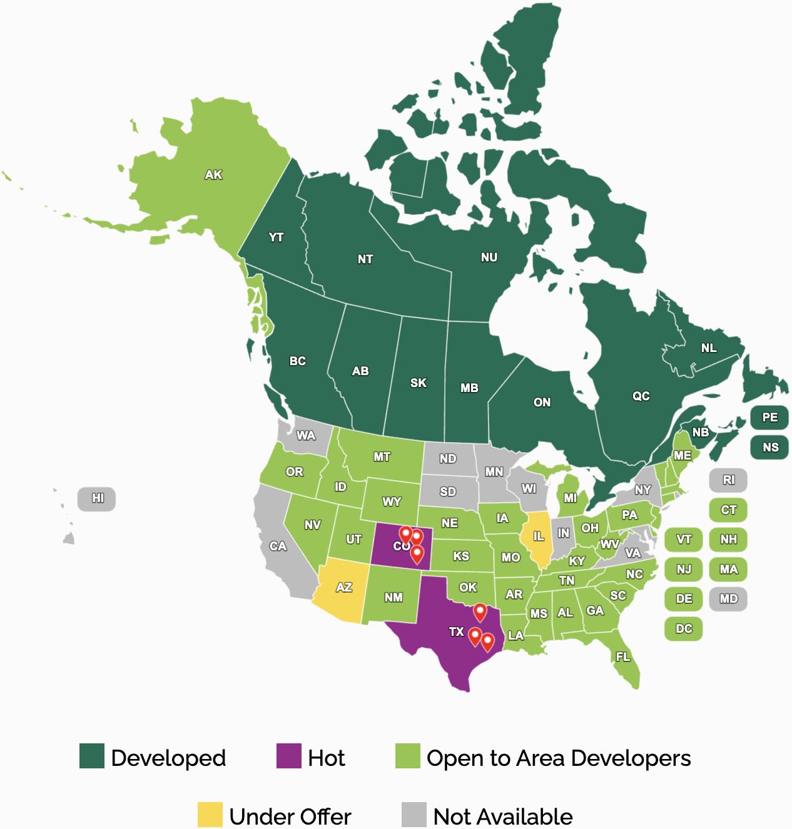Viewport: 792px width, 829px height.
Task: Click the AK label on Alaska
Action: coord(213,175)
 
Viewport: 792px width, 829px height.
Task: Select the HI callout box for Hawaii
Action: coord(97,499)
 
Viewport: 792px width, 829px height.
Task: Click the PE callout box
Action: coord(769,418)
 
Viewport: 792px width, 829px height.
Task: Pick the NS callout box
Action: coord(769,448)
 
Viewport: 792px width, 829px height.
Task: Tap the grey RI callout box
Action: coord(728,480)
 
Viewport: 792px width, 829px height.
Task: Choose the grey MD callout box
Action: coord(728,599)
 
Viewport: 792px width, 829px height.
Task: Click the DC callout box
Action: coord(683,629)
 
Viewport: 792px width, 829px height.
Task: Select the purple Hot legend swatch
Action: coord(288,756)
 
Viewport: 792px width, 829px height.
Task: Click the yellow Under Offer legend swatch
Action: coord(210,815)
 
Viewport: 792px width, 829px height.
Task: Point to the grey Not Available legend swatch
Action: coord(414,815)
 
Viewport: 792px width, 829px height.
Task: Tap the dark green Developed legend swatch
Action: coord(91,756)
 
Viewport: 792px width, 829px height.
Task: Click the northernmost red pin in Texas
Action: coord(480,611)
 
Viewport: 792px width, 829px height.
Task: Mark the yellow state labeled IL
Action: coord(537,538)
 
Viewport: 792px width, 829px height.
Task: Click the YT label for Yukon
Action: coord(276,238)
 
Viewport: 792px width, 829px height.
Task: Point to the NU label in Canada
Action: coord(489,258)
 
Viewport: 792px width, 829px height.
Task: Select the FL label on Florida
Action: coord(623,657)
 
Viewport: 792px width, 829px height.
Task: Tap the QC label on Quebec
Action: coord(641,396)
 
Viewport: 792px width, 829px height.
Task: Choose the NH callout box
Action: coord(728,540)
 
